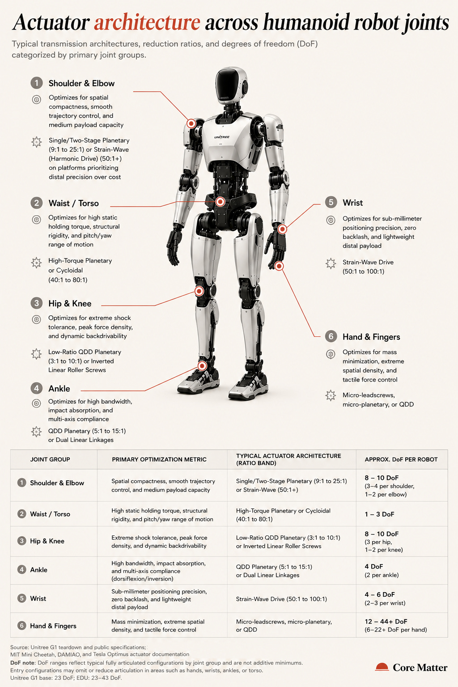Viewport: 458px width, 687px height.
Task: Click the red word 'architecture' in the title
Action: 147,22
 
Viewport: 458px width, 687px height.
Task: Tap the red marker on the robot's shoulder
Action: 191,123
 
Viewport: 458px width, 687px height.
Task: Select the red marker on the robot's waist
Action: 220,202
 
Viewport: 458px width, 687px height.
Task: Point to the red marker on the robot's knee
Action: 199,291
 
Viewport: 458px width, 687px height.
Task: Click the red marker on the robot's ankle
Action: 202,365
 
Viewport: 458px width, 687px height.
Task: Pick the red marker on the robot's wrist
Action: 282,229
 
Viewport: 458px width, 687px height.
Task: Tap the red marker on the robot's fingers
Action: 279,266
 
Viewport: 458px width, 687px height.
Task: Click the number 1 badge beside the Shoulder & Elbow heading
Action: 37,83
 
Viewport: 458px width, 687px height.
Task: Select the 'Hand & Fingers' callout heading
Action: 371,337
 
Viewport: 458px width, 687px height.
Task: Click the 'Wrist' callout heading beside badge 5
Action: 352,203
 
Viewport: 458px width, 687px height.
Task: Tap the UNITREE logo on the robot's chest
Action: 222,137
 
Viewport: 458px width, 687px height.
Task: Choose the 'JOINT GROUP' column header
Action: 50,459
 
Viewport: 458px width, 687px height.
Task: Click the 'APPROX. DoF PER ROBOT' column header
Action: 401,459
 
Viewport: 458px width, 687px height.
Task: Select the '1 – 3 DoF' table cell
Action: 379,514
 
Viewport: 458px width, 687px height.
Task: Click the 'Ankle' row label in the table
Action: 38,570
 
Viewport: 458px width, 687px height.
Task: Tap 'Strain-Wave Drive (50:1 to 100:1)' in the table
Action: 281,599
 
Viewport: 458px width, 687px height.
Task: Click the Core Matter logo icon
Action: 382,667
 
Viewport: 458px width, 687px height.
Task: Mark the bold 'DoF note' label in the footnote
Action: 22,663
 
